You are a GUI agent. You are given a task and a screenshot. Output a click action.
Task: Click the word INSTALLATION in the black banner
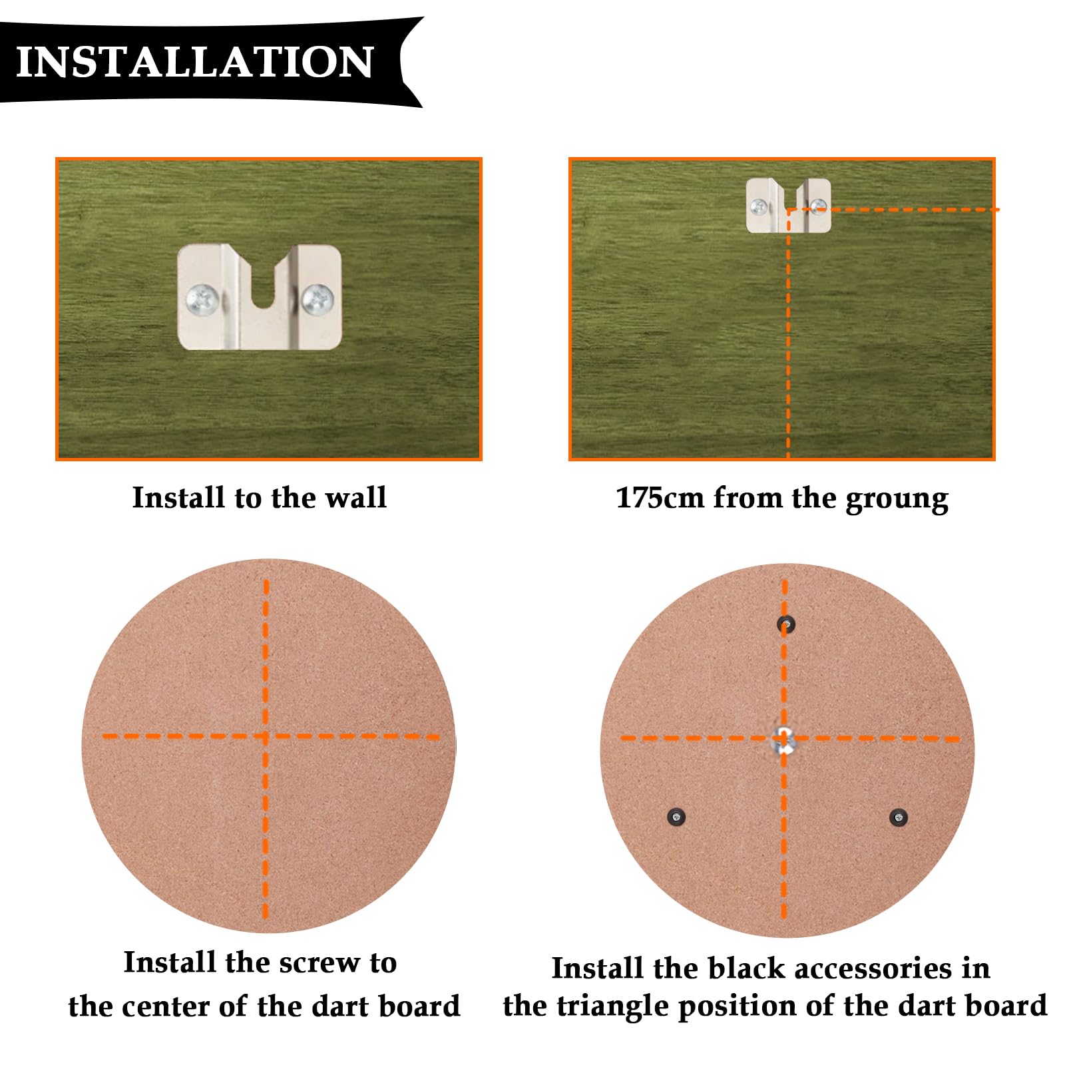point(194,63)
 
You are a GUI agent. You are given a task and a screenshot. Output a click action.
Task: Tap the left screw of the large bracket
point(202,299)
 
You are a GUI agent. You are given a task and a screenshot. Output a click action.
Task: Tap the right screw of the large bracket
point(318,299)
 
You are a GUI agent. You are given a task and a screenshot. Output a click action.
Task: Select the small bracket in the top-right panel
point(788,205)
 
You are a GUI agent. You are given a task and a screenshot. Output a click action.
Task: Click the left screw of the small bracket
point(759,206)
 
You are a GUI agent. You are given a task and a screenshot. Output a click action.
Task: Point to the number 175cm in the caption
point(660,498)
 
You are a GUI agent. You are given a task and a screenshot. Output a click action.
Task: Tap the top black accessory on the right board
point(786,624)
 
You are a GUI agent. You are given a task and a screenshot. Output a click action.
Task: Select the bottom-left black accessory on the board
point(676,816)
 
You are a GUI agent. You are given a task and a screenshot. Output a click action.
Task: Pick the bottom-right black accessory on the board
point(899,817)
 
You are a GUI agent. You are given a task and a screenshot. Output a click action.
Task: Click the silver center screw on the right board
point(784,740)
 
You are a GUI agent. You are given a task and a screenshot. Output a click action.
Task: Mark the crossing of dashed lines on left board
point(266,737)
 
